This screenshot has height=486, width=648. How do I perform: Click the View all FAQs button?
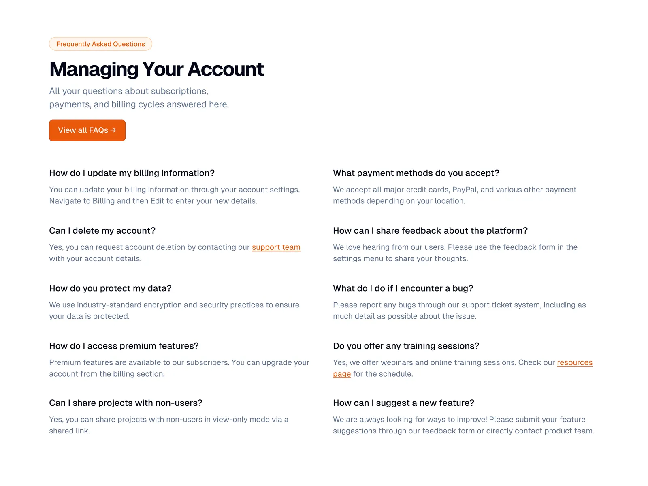[x=87, y=130]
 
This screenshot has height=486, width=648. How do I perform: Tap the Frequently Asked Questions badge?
[x=100, y=44]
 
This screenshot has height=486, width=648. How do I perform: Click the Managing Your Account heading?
[x=156, y=69]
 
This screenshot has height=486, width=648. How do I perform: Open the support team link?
[x=276, y=247]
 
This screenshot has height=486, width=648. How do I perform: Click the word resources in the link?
[x=574, y=362]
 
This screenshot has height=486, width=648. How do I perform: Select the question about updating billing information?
[x=132, y=173]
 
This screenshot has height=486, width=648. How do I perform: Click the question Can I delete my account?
[x=102, y=230]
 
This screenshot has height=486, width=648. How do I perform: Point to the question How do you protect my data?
[x=110, y=288]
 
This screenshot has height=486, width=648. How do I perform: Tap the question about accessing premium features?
[x=124, y=346]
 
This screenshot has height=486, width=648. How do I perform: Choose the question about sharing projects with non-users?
[x=126, y=403]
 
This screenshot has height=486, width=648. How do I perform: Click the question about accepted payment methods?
[x=416, y=173]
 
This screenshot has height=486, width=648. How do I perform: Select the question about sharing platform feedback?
[x=430, y=230]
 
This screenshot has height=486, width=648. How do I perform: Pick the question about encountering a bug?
[x=403, y=288]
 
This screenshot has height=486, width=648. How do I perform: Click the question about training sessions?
[x=406, y=346]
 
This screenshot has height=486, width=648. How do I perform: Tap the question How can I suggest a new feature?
[x=403, y=403]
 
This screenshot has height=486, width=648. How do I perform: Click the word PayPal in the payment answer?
[x=465, y=190]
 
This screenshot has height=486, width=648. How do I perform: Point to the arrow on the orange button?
[x=113, y=130]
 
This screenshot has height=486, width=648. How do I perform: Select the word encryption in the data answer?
[x=162, y=305]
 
